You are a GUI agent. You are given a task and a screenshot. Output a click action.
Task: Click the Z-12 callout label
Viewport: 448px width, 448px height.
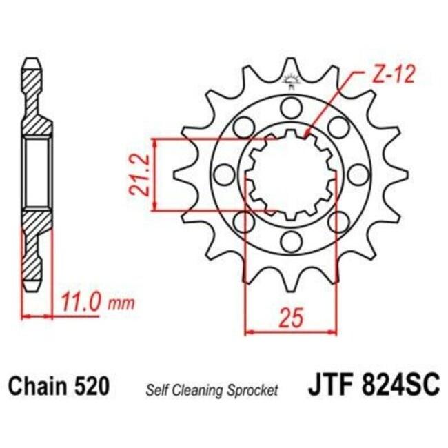tap(394, 75)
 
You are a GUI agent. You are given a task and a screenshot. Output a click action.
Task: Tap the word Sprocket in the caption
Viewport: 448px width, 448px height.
tap(253, 391)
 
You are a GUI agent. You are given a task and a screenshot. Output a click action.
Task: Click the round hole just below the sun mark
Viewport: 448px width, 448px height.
tap(290, 107)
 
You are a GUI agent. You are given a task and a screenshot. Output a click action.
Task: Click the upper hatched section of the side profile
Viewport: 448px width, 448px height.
tap(36, 103)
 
